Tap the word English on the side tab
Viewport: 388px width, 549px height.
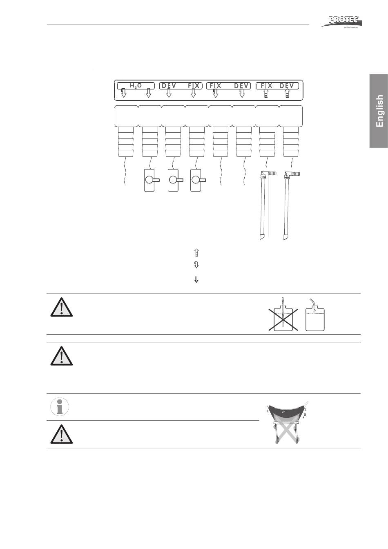click(379, 111)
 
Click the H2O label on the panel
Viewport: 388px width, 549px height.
click(136, 86)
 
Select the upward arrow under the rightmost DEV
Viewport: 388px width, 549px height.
click(288, 94)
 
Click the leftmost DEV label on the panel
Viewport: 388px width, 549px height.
click(169, 86)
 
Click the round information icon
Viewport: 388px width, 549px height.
click(60, 407)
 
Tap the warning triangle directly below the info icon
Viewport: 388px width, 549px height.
click(62, 434)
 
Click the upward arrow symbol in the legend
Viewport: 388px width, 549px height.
click(196, 252)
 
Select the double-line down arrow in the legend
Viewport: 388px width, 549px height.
click(196, 280)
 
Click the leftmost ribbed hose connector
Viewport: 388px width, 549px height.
click(126, 142)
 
